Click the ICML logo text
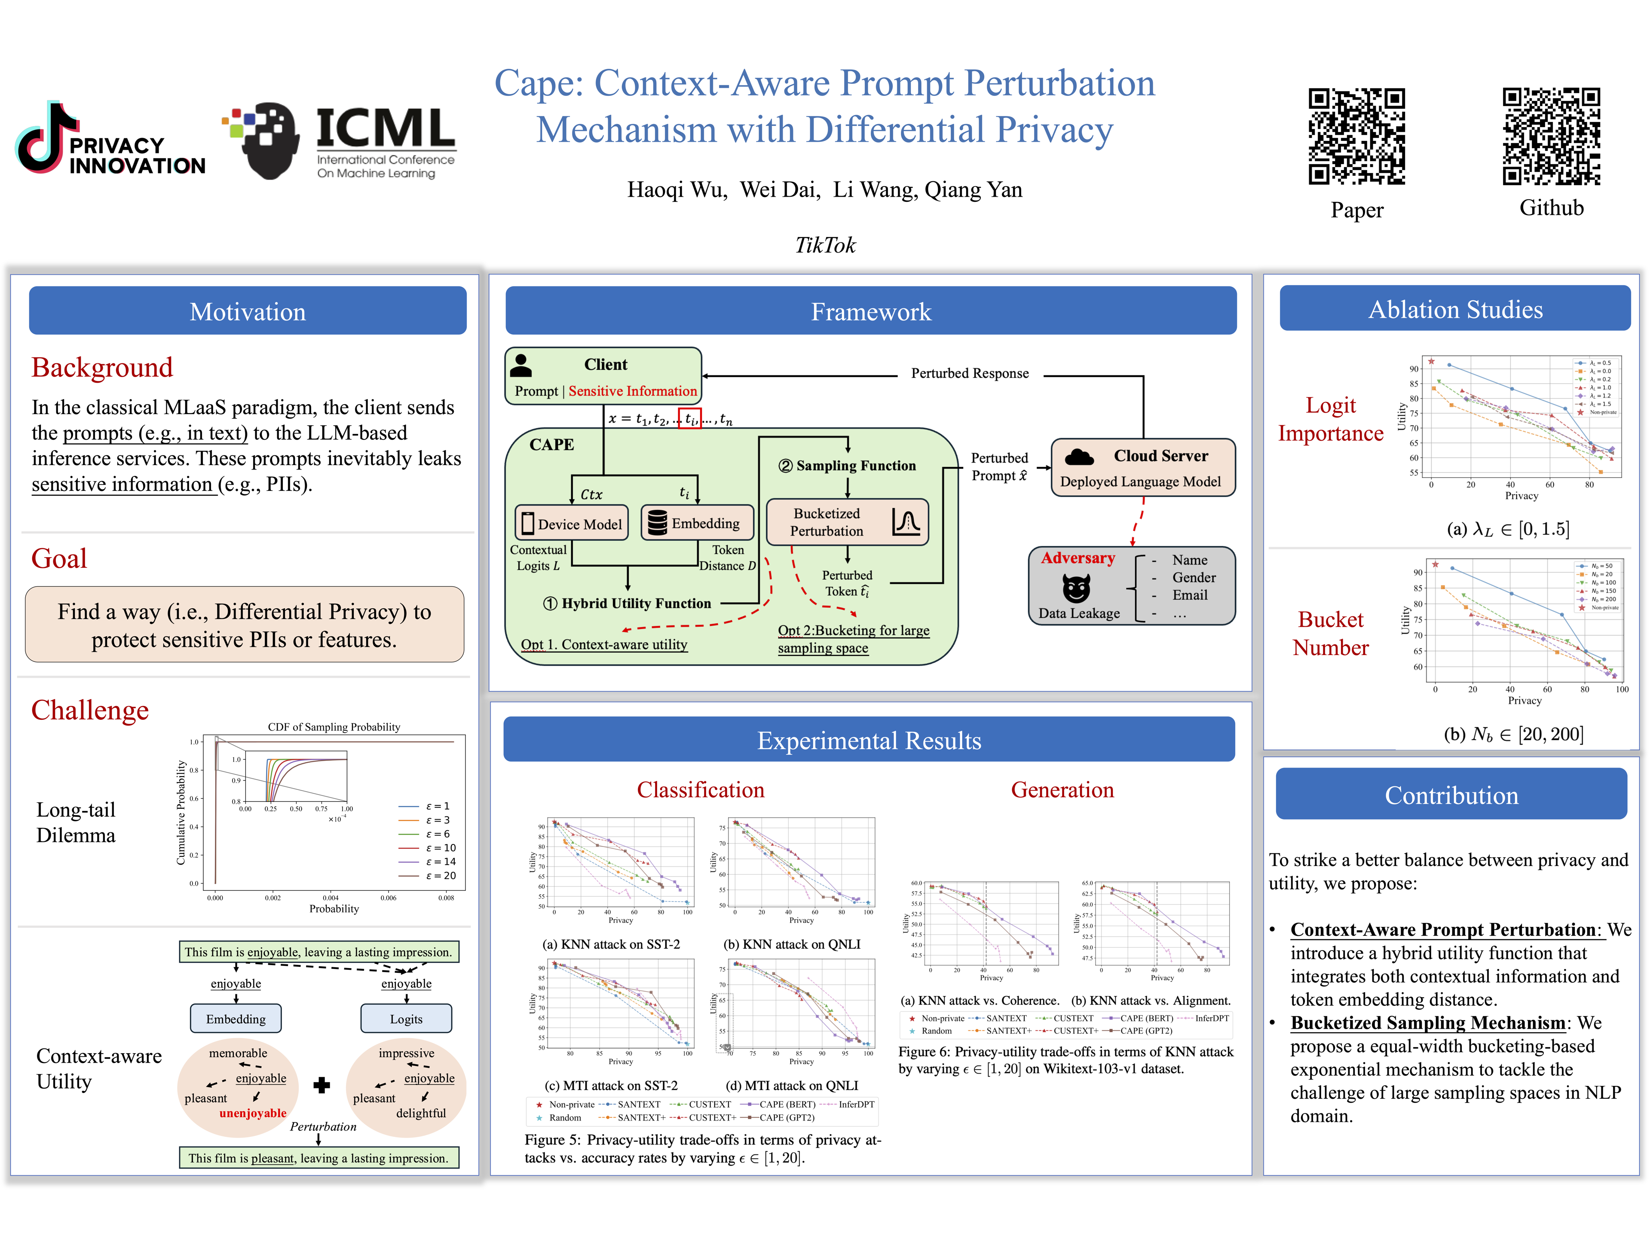385,128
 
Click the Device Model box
571,524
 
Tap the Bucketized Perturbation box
847,522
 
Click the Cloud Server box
1143,467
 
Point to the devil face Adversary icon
1076,588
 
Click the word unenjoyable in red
253,1113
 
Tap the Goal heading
59,558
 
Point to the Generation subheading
1062,789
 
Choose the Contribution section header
1451,795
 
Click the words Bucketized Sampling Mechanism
1428,1023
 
